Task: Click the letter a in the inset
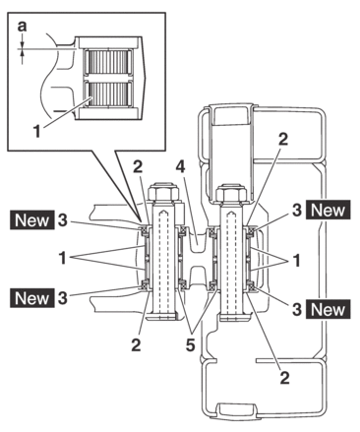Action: [22, 27]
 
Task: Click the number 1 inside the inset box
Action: [37, 132]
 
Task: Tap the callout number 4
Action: [180, 167]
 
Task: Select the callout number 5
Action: [191, 344]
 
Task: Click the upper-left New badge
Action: [32, 219]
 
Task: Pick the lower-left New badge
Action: [32, 298]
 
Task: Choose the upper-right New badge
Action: [329, 210]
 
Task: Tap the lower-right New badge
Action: [329, 309]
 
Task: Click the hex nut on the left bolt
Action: [164, 192]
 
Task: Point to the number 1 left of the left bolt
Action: [62, 258]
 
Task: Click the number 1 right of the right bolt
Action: [296, 261]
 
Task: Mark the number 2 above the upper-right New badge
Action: [282, 139]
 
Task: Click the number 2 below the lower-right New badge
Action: [284, 378]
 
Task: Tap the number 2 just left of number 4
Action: [138, 167]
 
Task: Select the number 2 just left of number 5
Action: [136, 344]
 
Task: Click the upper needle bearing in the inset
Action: [108, 62]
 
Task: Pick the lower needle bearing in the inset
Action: [108, 94]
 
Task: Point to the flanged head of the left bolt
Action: [161, 316]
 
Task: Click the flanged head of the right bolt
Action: [235, 317]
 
